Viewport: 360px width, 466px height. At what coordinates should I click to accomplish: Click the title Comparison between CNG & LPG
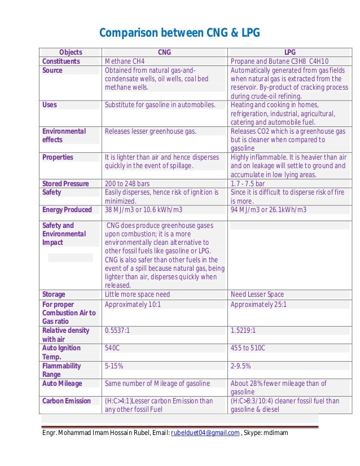click(179, 33)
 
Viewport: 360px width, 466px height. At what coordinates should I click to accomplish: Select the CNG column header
click(164, 52)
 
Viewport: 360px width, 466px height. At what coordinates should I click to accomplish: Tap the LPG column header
click(291, 52)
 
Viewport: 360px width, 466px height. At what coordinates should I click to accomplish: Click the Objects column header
click(71, 52)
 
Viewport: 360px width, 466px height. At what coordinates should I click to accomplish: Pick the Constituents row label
click(61, 61)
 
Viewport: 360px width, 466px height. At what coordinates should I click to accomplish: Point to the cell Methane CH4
click(125, 61)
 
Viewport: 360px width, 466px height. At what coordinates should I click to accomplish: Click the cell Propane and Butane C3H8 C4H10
click(280, 61)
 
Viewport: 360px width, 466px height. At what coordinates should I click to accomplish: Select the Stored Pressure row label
click(65, 183)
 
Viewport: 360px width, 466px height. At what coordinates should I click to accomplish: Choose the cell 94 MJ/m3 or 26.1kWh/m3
click(269, 210)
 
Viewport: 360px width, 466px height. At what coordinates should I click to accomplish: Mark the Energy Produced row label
click(67, 210)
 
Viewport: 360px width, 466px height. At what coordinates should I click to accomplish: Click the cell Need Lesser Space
click(257, 294)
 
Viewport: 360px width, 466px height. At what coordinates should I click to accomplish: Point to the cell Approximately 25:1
click(258, 304)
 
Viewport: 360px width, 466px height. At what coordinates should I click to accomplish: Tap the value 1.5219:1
click(245, 330)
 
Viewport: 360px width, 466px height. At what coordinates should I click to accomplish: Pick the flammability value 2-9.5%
click(241, 366)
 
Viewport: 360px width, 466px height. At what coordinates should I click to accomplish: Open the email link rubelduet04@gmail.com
click(206, 433)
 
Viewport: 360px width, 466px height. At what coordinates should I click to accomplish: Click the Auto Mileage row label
click(62, 384)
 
